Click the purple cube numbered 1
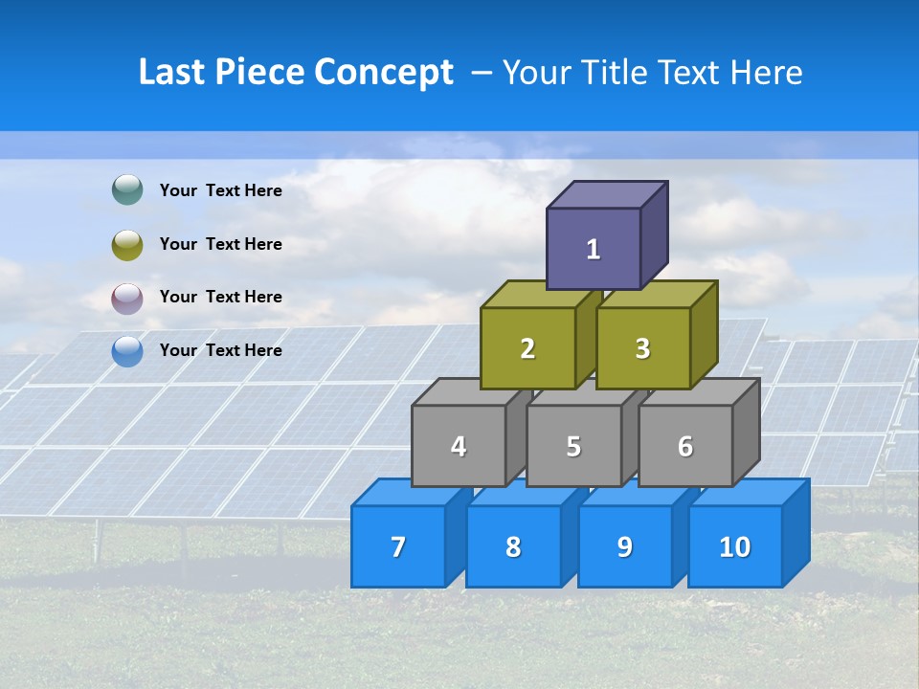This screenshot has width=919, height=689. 594,249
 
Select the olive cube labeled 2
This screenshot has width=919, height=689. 527,348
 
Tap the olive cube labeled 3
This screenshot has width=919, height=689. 642,348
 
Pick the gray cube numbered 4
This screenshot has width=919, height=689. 459,446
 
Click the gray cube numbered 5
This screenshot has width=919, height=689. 573,446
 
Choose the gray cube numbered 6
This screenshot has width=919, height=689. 685,446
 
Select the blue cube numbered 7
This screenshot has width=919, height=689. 398,546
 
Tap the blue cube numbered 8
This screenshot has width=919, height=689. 513,546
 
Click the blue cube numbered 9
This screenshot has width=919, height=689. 625,546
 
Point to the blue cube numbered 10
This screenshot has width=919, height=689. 735,546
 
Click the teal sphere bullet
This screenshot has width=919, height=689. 127,190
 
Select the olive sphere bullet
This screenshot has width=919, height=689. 127,244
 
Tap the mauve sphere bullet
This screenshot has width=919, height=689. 127,298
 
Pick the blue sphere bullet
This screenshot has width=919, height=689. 127,351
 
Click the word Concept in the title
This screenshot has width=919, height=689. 384,72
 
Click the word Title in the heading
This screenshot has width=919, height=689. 614,72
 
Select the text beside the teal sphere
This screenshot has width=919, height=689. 221,190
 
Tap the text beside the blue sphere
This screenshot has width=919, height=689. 221,350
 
